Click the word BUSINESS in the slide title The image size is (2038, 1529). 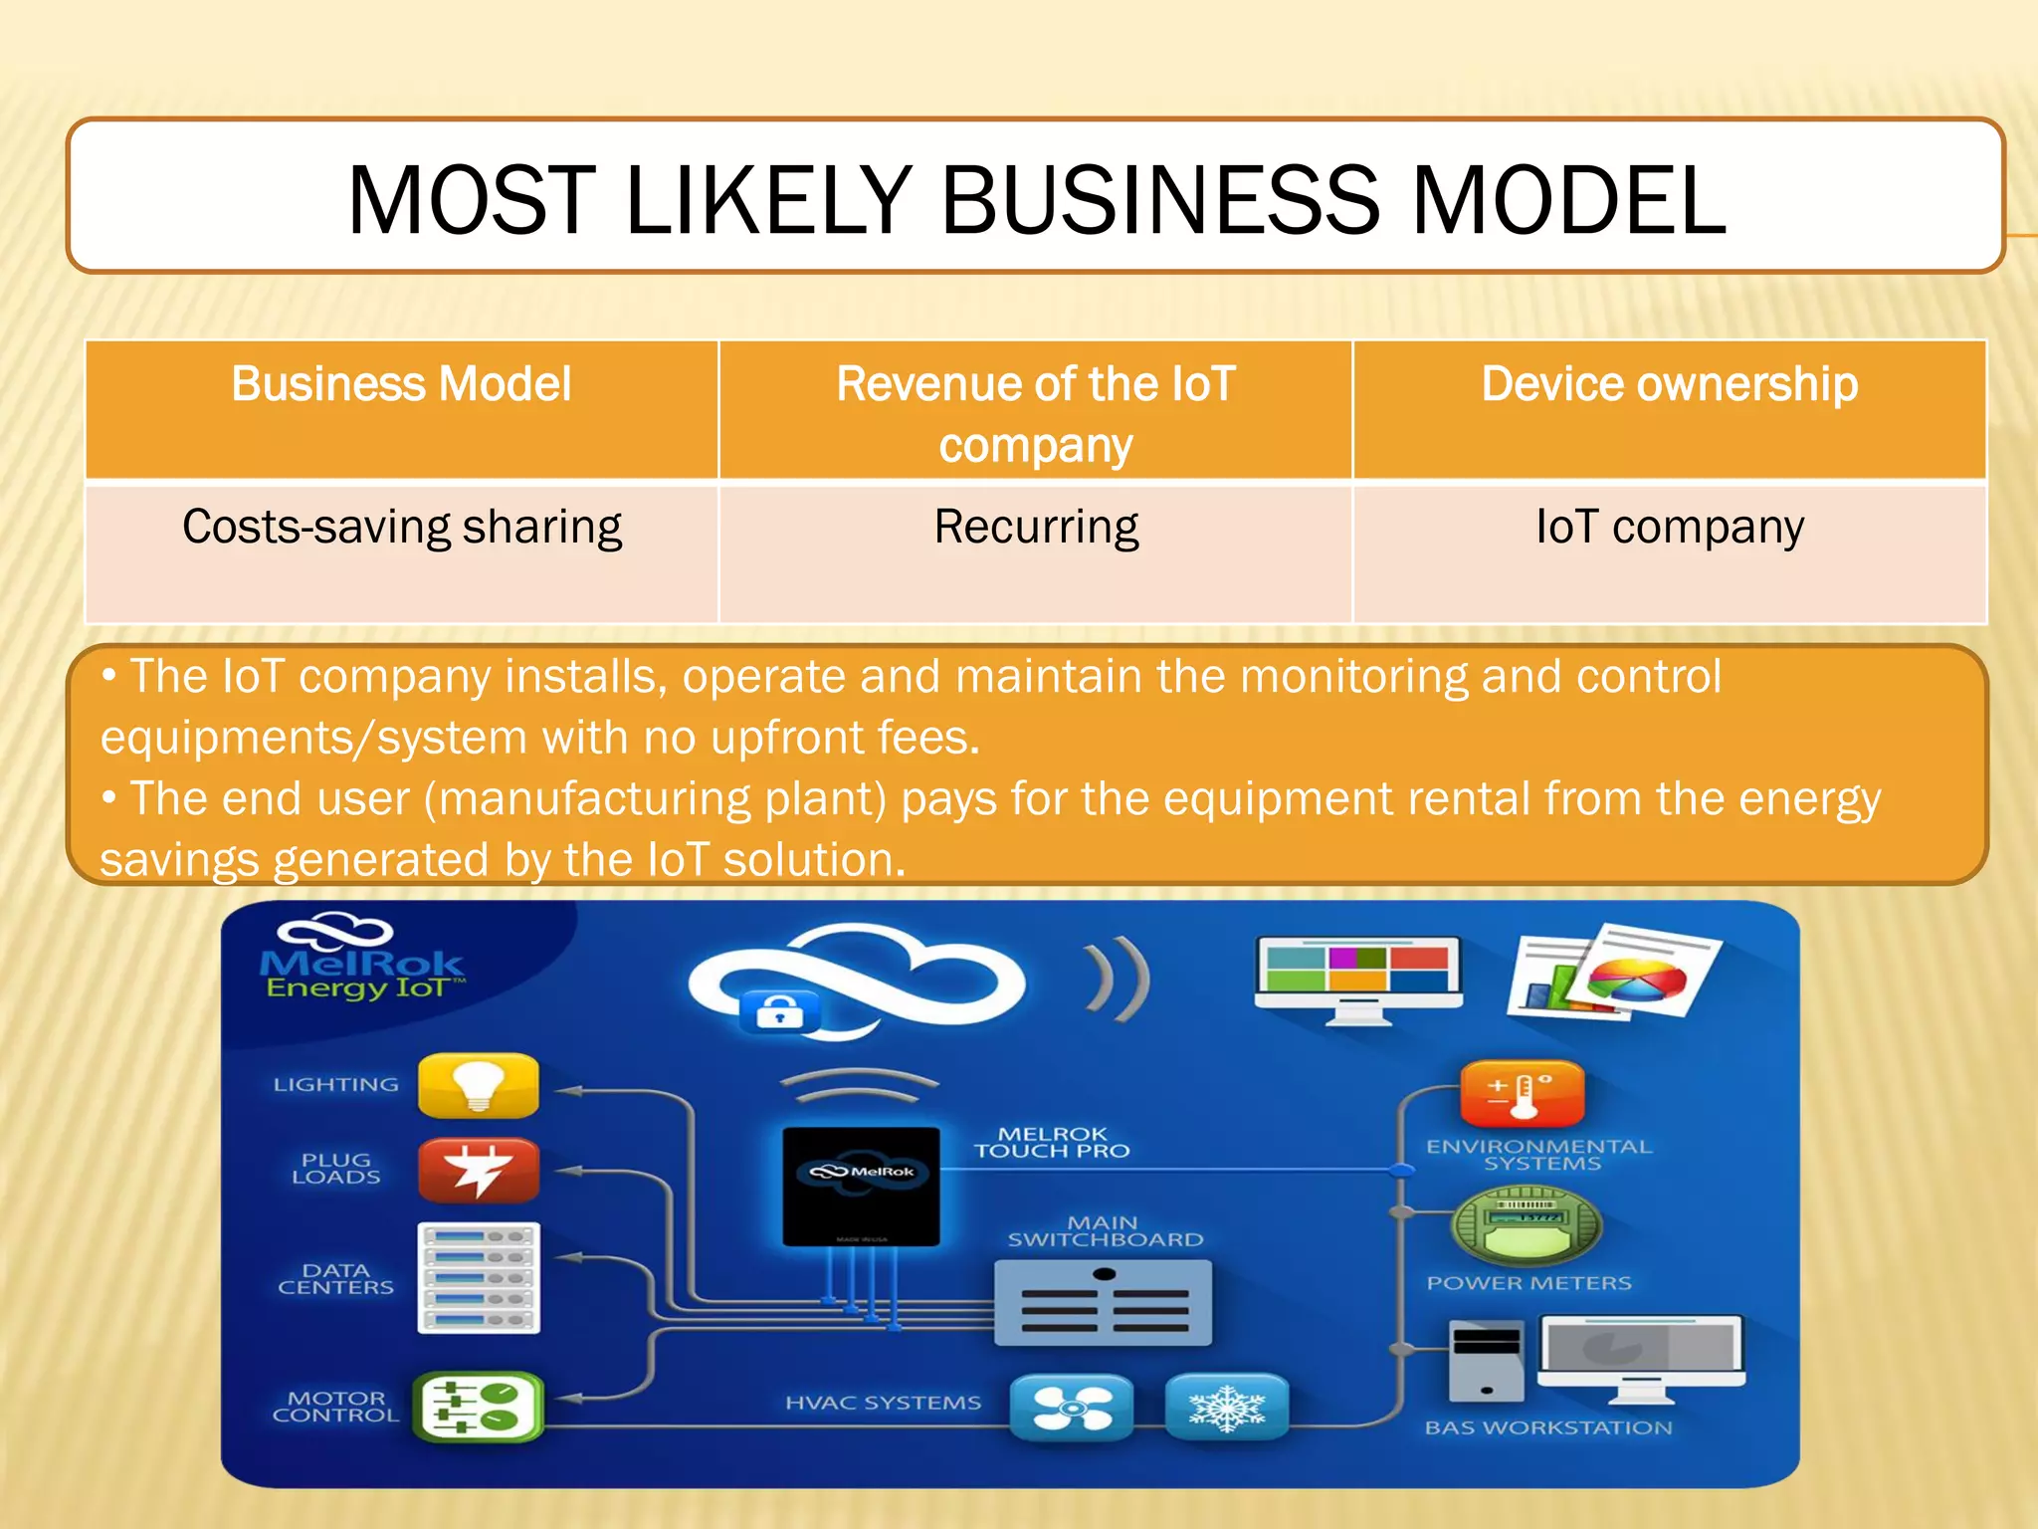click(1159, 201)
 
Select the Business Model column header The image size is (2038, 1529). click(401, 384)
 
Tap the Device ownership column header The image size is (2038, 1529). click(1669, 384)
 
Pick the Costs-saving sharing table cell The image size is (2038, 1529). click(401, 527)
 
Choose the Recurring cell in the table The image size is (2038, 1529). click(1036, 527)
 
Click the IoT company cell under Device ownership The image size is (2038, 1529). click(1669, 527)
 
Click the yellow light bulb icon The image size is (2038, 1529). click(479, 1085)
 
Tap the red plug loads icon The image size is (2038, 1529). click(479, 1171)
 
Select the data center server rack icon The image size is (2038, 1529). click(479, 1277)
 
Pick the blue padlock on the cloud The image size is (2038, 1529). click(780, 1012)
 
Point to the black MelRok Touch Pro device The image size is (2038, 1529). click(861, 1186)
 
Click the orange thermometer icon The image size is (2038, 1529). click(1522, 1093)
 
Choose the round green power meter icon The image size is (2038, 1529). click(1527, 1224)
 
